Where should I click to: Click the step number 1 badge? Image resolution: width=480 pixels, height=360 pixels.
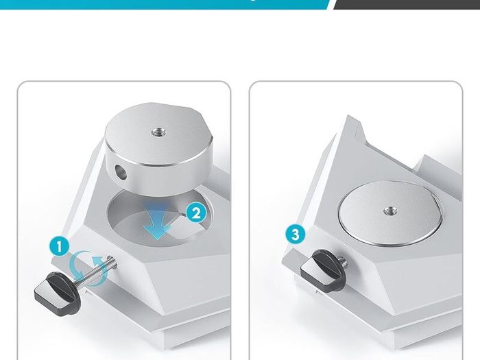[x=59, y=246]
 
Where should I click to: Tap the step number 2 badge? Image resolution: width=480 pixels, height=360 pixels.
[x=196, y=213]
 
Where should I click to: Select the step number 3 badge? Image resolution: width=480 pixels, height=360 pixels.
[x=296, y=235]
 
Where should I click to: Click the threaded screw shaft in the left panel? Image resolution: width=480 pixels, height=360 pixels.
[x=95, y=271]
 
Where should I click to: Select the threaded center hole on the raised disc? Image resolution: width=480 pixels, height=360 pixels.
[x=158, y=132]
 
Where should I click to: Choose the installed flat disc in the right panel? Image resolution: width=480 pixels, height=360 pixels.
[x=390, y=213]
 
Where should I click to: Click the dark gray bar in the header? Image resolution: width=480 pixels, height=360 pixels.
[x=407, y=4]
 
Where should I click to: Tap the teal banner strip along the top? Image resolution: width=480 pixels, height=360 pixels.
[x=165, y=4]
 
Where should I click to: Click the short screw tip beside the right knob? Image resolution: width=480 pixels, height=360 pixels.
[x=344, y=261]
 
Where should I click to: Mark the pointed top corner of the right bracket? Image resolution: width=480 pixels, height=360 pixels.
[x=348, y=116]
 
